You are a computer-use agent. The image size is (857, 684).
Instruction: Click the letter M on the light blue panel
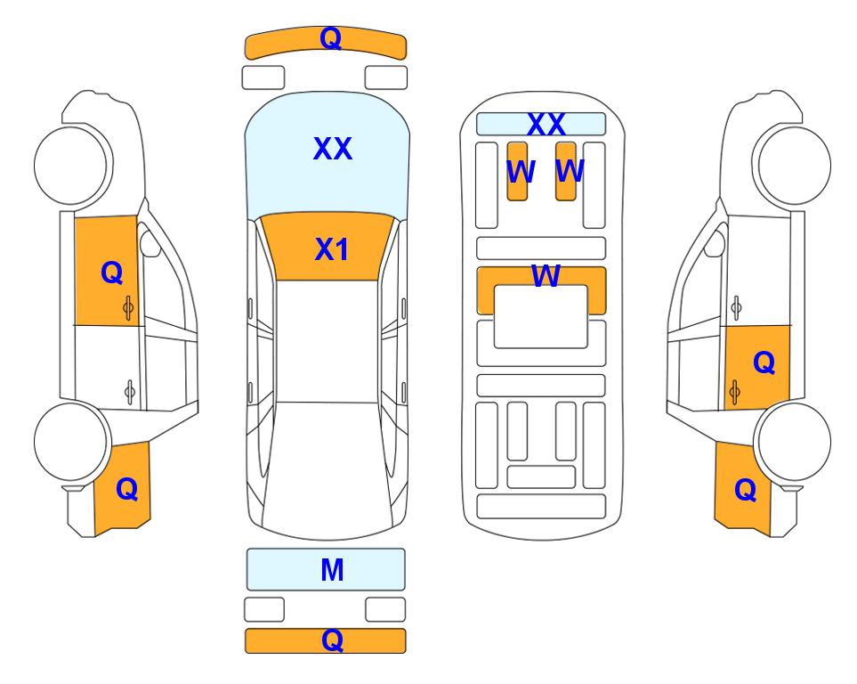pyautogui.click(x=332, y=570)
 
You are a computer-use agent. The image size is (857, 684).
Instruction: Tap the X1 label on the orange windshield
pyautogui.click(x=332, y=249)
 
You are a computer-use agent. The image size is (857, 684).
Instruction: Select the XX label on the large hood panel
pyautogui.click(x=332, y=149)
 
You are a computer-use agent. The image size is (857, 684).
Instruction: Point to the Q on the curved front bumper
pyautogui.click(x=331, y=38)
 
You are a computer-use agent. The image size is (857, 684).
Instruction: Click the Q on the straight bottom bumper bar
pyautogui.click(x=332, y=639)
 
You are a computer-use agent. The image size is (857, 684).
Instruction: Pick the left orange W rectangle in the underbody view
pyautogui.click(x=517, y=171)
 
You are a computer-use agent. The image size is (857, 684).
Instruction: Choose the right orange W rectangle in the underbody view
pyautogui.click(x=566, y=171)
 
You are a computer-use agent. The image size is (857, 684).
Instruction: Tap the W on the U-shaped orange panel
pyautogui.click(x=546, y=276)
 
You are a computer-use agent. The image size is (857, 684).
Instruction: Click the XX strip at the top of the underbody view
pyautogui.click(x=541, y=124)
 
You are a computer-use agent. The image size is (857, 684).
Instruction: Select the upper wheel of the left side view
pyautogui.click(x=70, y=166)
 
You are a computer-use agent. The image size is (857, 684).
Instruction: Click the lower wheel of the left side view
pyautogui.click(x=70, y=442)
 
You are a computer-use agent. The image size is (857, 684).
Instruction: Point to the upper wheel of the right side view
pyautogui.click(x=794, y=166)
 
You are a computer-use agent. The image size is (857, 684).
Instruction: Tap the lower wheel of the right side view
pyautogui.click(x=794, y=442)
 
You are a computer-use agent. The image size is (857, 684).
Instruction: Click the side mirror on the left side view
pyautogui.click(x=150, y=243)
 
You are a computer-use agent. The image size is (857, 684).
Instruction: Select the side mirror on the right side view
pyautogui.click(x=715, y=243)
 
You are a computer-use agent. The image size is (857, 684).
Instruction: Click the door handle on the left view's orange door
pyautogui.click(x=128, y=308)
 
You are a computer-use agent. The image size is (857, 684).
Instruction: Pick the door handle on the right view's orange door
pyautogui.click(x=735, y=393)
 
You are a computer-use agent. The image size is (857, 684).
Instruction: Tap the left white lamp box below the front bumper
pyautogui.click(x=263, y=77)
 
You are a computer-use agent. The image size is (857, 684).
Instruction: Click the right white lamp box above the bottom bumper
pyautogui.click(x=385, y=609)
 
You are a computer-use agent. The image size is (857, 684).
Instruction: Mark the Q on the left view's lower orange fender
pyautogui.click(x=126, y=489)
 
